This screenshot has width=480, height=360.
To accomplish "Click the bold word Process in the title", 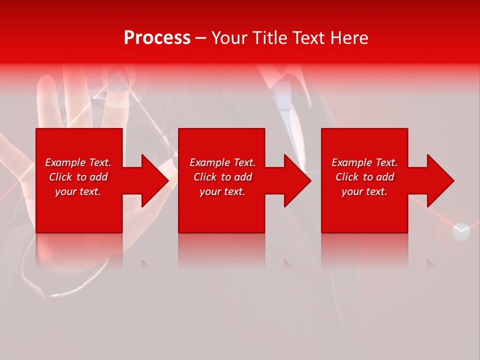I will [157, 38].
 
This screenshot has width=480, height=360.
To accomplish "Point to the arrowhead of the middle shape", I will [296, 180].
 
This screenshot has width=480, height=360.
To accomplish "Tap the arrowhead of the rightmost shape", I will [439, 180].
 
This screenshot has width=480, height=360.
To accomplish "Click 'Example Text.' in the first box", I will [78, 162].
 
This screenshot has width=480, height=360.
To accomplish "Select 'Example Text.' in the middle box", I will [222, 162].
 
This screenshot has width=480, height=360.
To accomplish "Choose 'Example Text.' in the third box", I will [364, 162].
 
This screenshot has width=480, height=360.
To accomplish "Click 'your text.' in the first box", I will [78, 191].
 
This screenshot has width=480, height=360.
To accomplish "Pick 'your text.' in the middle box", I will [222, 191].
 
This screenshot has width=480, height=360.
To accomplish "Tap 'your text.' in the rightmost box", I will [364, 191].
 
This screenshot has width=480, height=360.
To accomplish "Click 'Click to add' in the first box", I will [78, 177].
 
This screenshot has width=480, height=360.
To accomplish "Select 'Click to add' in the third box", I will [364, 177].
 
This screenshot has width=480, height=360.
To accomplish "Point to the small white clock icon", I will [461, 231].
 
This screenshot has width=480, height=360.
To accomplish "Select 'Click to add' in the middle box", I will [222, 177].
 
